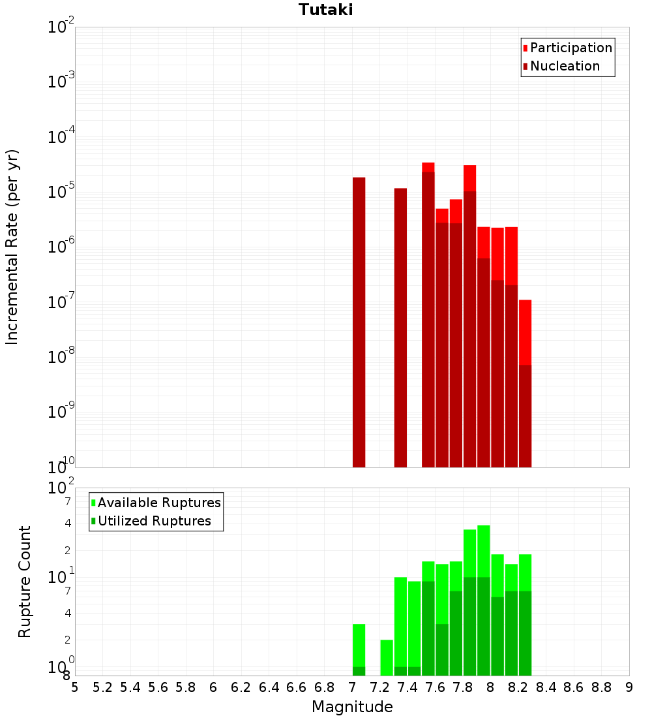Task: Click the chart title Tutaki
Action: pos(326,10)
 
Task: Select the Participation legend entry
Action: pos(570,48)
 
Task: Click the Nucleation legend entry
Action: pos(564,66)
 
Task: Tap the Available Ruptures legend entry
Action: pos(158,503)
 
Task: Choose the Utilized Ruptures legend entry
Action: pos(154,521)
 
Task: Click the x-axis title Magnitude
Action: pos(352,707)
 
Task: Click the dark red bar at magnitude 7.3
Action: pos(400,326)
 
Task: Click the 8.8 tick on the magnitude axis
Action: pos(601,687)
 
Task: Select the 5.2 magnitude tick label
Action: pos(102,687)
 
